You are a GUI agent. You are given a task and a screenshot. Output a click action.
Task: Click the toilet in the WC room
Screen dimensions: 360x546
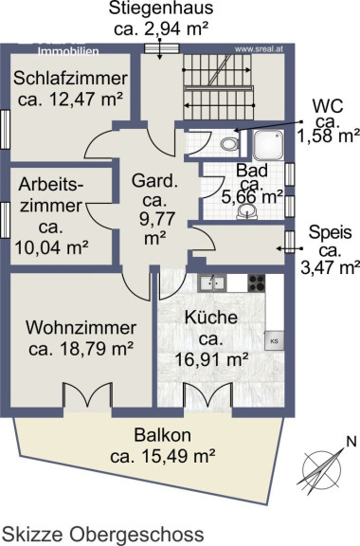(x=230, y=143)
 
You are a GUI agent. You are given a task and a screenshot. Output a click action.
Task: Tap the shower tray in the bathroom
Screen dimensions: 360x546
(x=268, y=144)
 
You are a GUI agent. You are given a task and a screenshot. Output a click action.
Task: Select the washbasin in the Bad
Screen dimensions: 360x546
(x=247, y=211)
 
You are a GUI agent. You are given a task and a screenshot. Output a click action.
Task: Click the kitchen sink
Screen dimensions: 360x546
(x=211, y=282)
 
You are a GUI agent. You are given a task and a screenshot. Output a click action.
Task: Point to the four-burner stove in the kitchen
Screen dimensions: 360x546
(x=256, y=282)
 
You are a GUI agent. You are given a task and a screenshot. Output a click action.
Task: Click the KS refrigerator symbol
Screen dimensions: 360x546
(x=275, y=340)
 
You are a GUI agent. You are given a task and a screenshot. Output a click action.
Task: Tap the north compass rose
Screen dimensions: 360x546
(x=321, y=468)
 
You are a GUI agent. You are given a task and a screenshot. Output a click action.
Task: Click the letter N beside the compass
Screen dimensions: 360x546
(x=351, y=442)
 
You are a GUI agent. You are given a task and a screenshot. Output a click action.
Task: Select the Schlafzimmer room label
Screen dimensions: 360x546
(x=70, y=78)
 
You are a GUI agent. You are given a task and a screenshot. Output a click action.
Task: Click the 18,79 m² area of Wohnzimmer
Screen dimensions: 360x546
(x=97, y=349)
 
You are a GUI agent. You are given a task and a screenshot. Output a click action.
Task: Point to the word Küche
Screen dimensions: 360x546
(x=211, y=318)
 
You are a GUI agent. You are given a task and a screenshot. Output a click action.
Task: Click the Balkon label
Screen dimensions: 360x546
(x=163, y=435)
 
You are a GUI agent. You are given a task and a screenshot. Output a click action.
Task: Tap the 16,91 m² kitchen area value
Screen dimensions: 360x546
(x=211, y=359)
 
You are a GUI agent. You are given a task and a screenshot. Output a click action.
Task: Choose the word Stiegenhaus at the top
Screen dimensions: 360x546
(x=161, y=9)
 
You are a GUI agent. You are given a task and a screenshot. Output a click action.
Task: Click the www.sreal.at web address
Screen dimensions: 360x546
(x=259, y=49)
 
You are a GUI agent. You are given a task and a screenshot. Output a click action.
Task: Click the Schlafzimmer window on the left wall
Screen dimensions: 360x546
(x=5, y=130)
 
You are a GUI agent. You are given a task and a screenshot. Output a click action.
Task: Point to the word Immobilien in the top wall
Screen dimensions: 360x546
(x=68, y=51)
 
